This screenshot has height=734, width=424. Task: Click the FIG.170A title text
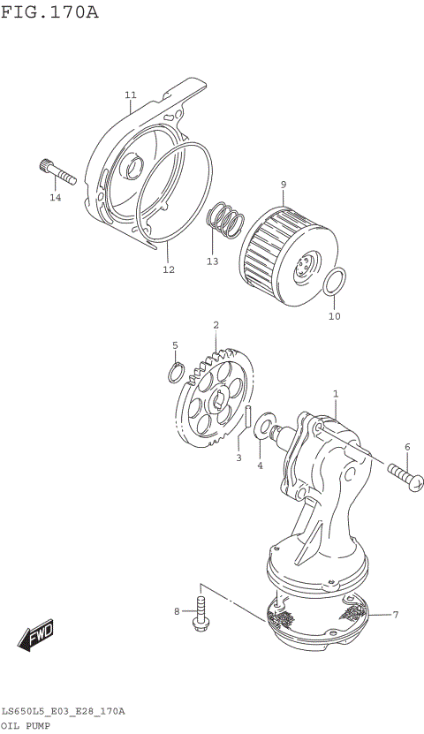coord(49,12)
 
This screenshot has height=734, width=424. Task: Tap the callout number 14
coord(56,197)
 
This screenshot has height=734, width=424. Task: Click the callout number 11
coord(131,95)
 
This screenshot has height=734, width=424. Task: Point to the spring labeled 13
coord(227,220)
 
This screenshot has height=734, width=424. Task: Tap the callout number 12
coord(168,269)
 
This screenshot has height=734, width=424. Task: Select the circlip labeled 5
coord(177,373)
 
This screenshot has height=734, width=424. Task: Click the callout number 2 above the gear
coord(216,326)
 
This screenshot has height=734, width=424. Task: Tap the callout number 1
coord(336,393)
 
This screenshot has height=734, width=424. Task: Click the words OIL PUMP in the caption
coord(26,724)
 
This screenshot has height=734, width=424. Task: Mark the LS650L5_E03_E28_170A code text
coord(63,710)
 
